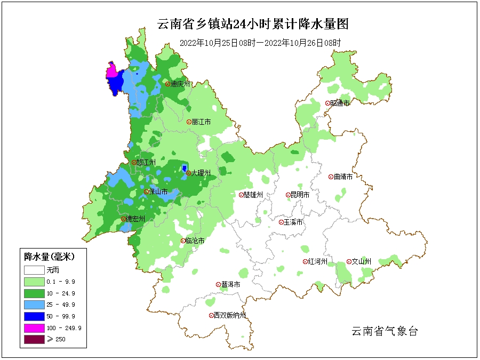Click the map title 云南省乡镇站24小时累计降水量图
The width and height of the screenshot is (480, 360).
pyautogui.click(x=253, y=24)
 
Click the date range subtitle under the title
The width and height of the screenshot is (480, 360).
pyautogui.click(x=260, y=43)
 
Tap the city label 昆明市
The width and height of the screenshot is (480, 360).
pyautogui.click(x=299, y=195)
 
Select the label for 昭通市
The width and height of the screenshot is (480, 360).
pyautogui.click(x=340, y=103)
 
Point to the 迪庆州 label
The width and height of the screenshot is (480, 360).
pyautogui.click(x=180, y=84)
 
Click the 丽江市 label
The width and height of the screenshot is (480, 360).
pyautogui.click(x=201, y=122)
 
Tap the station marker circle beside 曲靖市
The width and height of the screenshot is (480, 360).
pyautogui.click(x=331, y=177)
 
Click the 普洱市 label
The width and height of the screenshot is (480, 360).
pyautogui.click(x=231, y=285)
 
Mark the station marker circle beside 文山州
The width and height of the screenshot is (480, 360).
pyautogui.click(x=349, y=262)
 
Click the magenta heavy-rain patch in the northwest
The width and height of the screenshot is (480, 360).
pyautogui.click(x=112, y=71)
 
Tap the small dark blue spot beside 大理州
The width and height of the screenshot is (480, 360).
pyautogui.click(x=184, y=169)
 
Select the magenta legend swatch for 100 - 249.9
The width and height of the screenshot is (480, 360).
pyautogui.click(x=33, y=328)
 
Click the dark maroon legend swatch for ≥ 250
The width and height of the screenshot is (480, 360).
pyautogui.click(x=33, y=340)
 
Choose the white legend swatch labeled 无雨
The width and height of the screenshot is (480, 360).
pyautogui.click(x=33, y=269)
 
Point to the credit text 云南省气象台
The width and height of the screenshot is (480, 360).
pyautogui.click(x=384, y=331)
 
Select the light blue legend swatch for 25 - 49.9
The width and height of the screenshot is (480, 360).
pyautogui.click(x=33, y=305)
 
